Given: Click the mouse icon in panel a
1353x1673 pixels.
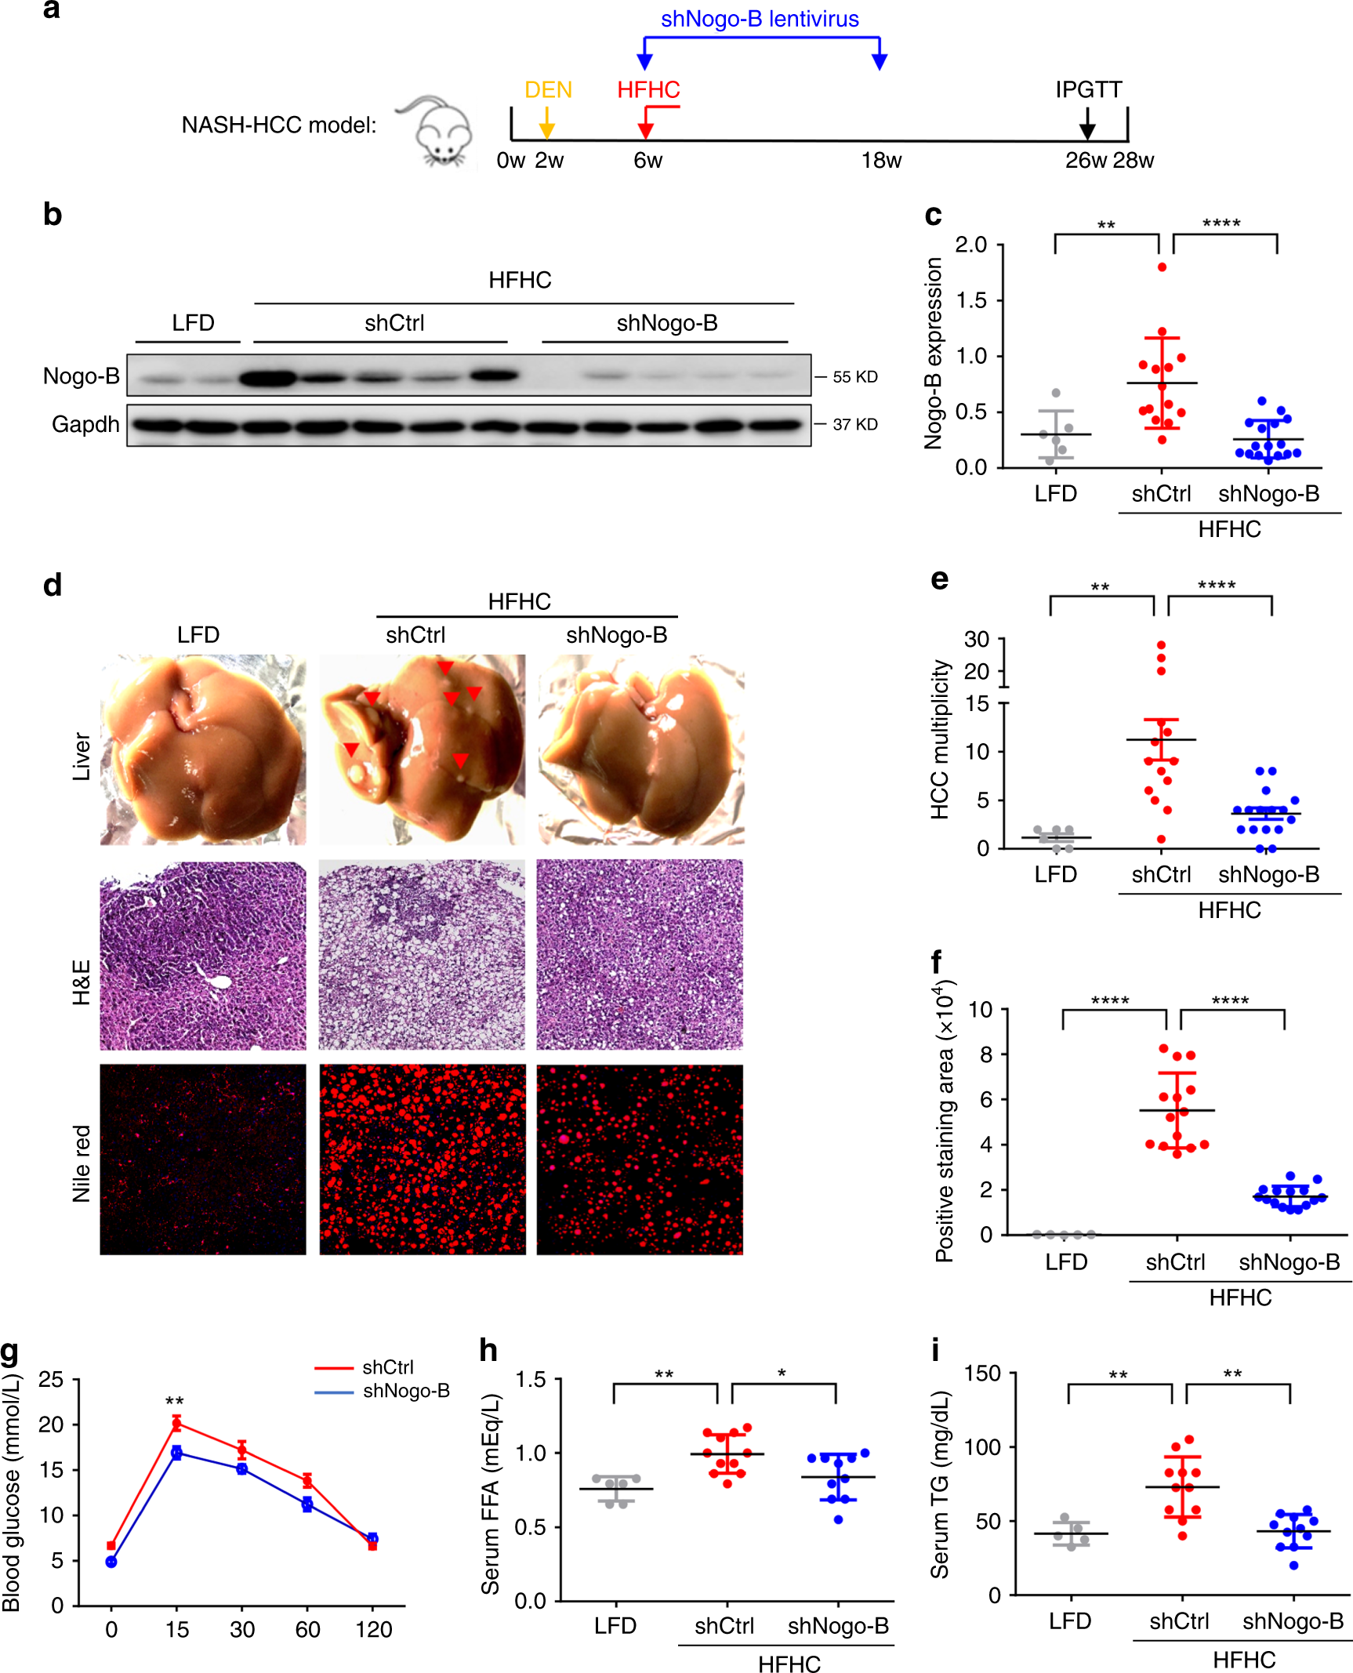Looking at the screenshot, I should click(x=439, y=132).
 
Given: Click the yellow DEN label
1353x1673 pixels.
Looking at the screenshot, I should click(x=548, y=89).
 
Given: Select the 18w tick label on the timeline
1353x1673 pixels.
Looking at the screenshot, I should click(x=881, y=161).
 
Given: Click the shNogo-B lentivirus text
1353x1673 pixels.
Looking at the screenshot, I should click(x=760, y=19).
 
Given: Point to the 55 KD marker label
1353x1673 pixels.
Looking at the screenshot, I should click(x=854, y=377).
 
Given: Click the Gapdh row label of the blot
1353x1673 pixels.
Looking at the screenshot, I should click(x=85, y=424).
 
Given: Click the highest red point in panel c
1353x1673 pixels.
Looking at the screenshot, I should click(x=1162, y=267).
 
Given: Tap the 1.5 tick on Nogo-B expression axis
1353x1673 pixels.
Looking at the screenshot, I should click(x=971, y=301).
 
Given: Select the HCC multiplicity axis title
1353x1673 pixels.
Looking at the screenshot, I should click(x=940, y=739).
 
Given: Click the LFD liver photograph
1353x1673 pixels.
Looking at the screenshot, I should click(x=203, y=749).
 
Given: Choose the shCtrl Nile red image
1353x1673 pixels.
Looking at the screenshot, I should click(x=422, y=1159).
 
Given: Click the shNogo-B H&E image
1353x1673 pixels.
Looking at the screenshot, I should click(x=640, y=955).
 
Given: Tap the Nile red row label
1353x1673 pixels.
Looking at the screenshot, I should click(x=82, y=1163).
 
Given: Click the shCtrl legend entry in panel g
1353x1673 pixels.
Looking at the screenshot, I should click(x=387, y=1367).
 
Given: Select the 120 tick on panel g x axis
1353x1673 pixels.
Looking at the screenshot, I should click(x=373, y=1629).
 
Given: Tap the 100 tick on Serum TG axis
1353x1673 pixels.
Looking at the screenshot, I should click(x=982, y=1447).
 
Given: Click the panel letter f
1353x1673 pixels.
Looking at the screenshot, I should click(x=936, y=961).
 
